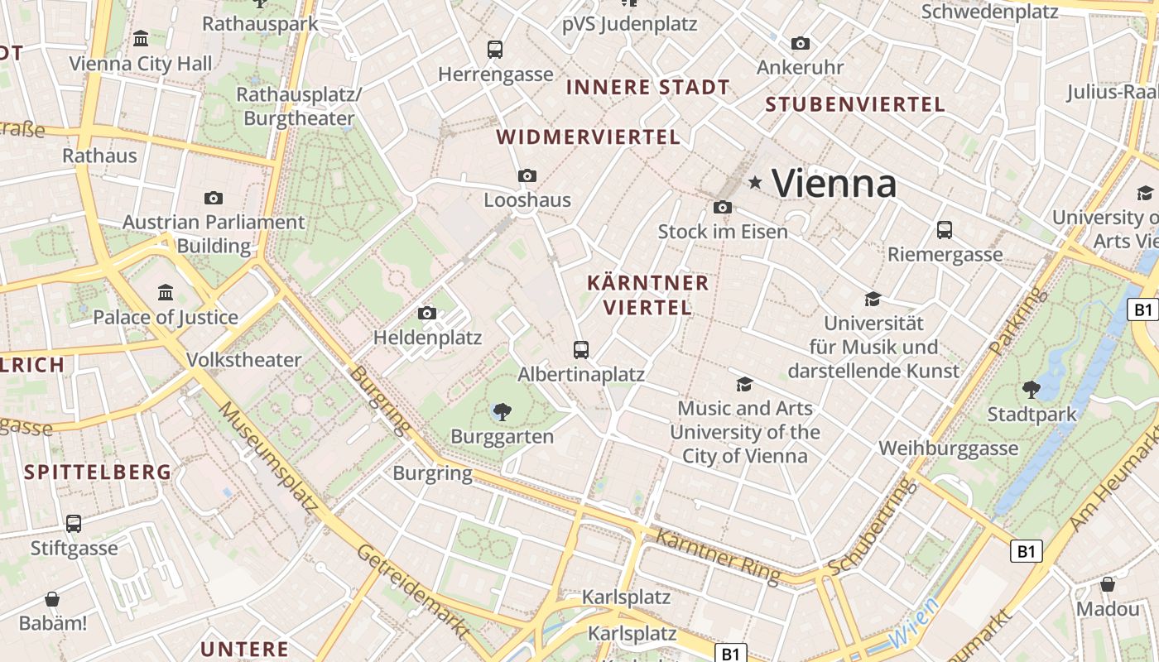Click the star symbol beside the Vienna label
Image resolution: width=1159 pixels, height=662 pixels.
(x=754, y=182)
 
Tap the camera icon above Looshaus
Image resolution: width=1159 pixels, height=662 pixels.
(x=527, y=175)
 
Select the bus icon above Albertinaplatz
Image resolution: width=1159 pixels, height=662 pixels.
(x=581, y=349)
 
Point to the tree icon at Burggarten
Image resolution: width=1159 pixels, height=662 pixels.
(x=502, y=411)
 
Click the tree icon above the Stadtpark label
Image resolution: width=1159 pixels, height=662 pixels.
(x=1031, y=389)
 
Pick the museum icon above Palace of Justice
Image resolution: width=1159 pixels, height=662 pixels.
(x=166, y=292)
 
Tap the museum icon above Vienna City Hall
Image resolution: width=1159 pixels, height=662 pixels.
(x=141, y=38)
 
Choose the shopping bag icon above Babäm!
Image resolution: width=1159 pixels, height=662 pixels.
(x=52, y=598)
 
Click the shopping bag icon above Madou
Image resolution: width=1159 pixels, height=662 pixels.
(x=1108, y=584)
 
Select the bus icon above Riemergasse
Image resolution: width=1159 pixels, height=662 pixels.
(x=945, y=229)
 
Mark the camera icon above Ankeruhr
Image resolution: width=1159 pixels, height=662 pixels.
(x=800, y=43)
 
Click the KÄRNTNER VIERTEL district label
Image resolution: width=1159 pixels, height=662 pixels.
(x=647, y=295)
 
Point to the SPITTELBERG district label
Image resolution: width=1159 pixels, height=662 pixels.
(x=98, y=473)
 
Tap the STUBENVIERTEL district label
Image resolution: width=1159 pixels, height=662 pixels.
(x=855, y=104)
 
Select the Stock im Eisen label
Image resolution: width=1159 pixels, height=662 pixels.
(x=723, y=232)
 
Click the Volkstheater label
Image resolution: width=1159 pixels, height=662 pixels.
(x=243, y=360)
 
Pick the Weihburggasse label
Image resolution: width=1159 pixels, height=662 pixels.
(x=948, y=449)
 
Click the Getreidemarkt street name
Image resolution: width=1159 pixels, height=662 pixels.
(x=411, y=591)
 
